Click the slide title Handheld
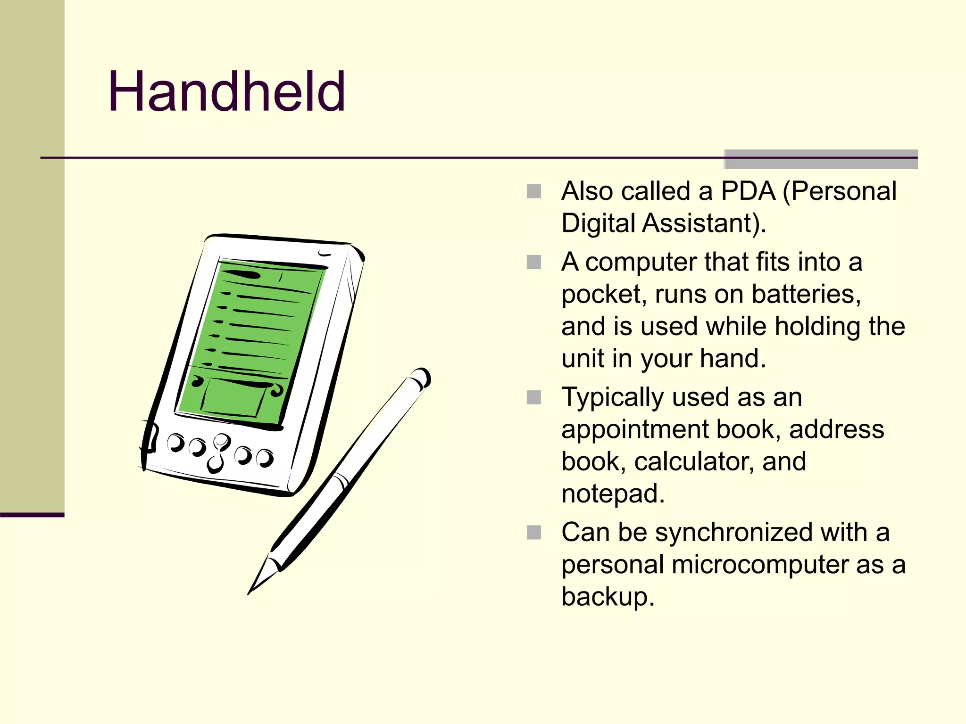tap(227, 91)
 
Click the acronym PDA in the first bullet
tap(748, 191)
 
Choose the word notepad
tap(613, 494)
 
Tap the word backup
tap(608, 597)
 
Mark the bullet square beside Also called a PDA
tap(533, 191)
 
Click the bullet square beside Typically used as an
tap(533, 397)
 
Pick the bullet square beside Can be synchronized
tap(533, 533)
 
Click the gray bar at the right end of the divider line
tap(821, 159)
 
